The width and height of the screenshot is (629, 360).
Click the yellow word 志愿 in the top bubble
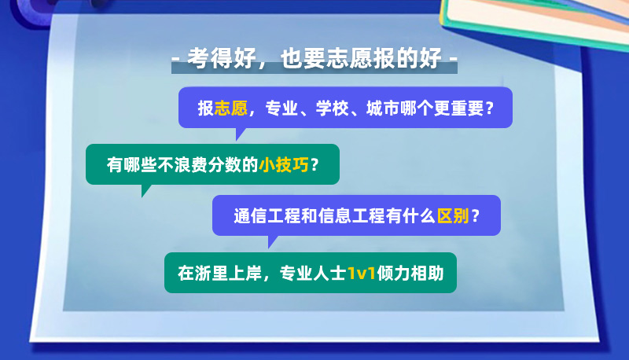[231, 108]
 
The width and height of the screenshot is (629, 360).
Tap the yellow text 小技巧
[284, 164]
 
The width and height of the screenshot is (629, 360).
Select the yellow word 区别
[454, 216]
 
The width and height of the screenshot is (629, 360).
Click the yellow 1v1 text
[362, 274]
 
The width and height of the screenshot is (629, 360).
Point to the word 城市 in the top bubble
[383, 108]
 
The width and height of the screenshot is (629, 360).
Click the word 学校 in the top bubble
[332, 108]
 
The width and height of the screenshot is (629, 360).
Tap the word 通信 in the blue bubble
[250, 216]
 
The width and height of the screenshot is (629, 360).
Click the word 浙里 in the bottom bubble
[212, 274]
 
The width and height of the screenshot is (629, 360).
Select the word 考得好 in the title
[223, 58]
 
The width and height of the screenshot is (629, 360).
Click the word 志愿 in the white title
[349, 58]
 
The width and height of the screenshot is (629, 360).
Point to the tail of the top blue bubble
[240, 134]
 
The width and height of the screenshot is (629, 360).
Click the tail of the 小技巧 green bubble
[145, 191]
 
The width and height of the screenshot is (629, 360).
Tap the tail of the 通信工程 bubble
[272, 242]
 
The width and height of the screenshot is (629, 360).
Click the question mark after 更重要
[489, 108]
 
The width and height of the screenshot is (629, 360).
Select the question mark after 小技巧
[314, 164]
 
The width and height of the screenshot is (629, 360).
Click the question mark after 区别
[476, 216]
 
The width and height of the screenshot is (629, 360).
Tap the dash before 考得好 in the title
[175, 59]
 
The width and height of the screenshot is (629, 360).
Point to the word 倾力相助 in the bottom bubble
[410, 274]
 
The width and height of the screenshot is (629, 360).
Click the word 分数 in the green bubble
[225, 164]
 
